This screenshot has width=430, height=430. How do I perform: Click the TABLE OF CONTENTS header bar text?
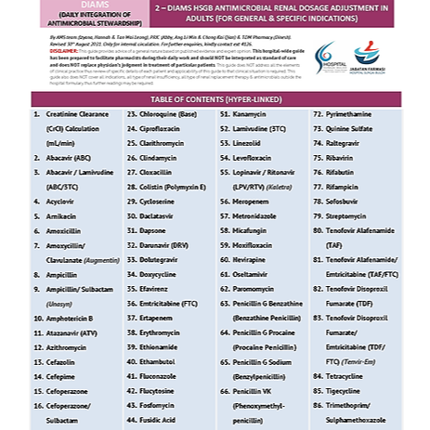(215, 98)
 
